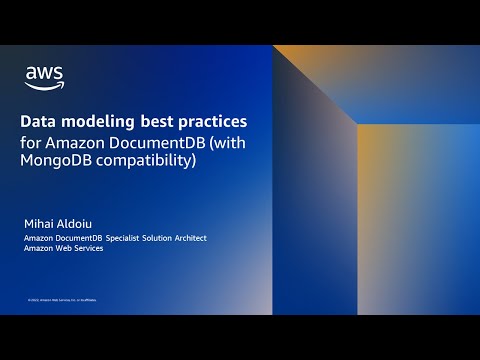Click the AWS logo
[x=44, y=75]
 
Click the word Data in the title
[x=41, y=121]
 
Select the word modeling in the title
[x=104, y=121]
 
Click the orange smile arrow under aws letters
[x=45, y=84]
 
